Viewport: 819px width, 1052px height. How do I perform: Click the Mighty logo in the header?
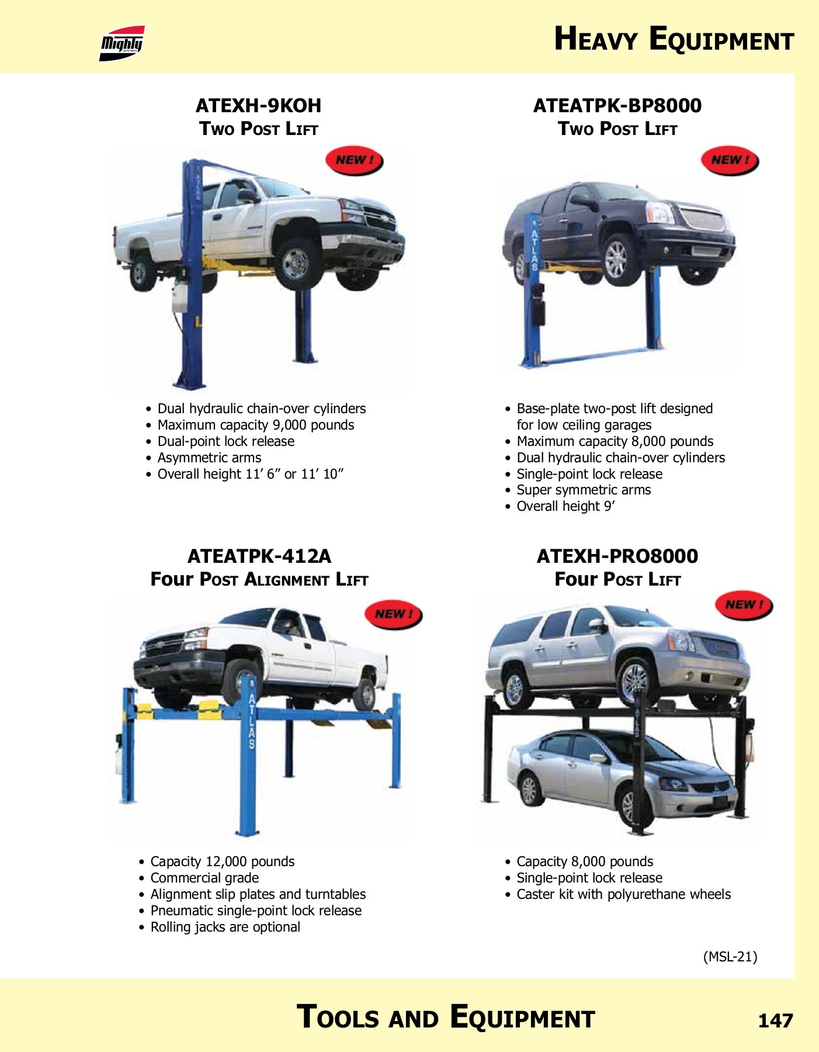[x=122, y=43]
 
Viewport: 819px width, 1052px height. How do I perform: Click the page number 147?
[x=775, y=1020]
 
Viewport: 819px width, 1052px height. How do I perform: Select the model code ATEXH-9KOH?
[x=258, y=106]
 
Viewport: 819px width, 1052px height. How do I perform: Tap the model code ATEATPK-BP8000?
[x=617, y=106]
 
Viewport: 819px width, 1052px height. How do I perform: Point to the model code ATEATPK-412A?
[x=259, y=556]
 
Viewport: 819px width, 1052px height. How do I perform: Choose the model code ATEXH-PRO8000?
[x=617, y=556]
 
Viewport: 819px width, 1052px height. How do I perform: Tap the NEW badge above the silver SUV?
[x=744, y=605]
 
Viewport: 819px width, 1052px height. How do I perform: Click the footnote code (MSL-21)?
[x=730, y=957]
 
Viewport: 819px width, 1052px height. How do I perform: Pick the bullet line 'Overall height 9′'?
[x=560, y=506]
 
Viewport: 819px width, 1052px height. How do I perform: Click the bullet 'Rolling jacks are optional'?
[x=220, y=927]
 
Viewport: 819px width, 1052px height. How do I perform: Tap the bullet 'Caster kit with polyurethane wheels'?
[x=618, y=894]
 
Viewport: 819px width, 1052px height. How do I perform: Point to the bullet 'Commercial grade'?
[x=199, y=878]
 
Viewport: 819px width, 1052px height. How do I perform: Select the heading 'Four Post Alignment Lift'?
[x=259, y=579]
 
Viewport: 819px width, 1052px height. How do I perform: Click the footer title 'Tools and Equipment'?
[x=446, y=1016]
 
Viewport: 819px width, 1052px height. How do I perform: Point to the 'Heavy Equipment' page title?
[x=674, y=39]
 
